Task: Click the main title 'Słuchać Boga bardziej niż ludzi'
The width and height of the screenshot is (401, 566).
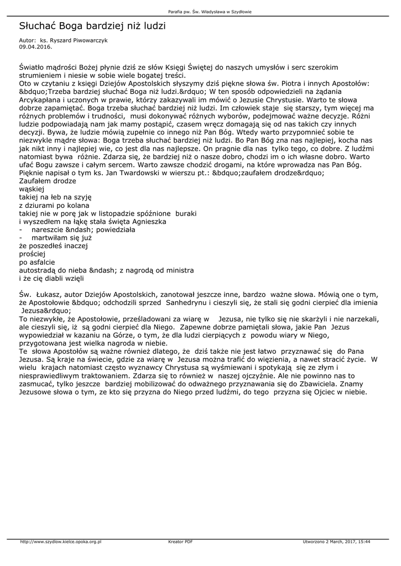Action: (92, 26)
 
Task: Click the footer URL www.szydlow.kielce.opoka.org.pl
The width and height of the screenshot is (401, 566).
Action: (61, 542)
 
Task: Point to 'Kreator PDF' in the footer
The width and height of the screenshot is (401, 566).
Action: (180, 542)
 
